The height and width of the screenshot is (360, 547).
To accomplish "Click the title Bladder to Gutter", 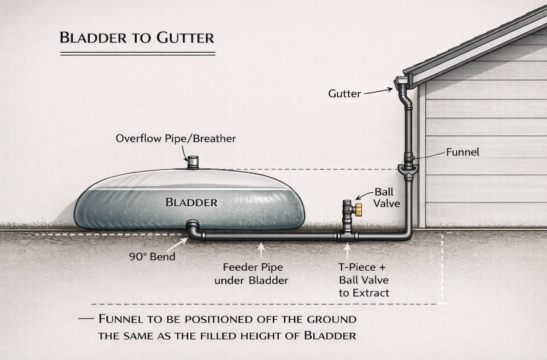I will tap(137, 36).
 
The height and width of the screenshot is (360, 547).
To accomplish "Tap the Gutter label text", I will tap(344, 93).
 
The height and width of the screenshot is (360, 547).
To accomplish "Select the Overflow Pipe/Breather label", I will tap(176, 139).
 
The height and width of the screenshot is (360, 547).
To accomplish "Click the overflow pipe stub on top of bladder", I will tap(193, 161).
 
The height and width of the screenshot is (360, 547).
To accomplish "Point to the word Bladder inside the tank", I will tap(192, 201).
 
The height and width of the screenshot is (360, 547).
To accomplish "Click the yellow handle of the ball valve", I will tap(359, 210).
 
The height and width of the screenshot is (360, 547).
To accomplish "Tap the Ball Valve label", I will tap(387, 198).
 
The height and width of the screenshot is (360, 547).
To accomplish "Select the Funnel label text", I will tap(462, 152).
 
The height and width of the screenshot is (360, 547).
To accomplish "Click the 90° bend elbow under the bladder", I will tap(193, 231).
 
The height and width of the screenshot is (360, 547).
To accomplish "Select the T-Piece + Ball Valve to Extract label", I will tap(361, 281).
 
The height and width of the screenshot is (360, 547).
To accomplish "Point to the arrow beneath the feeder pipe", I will tap(262, 250).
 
